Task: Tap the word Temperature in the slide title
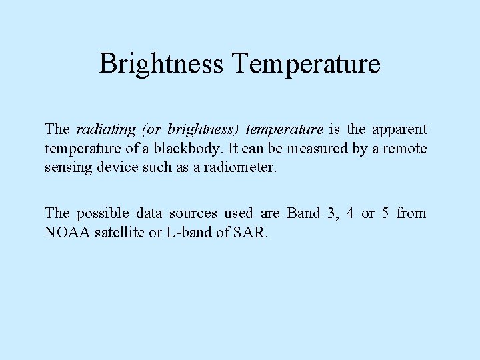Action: click(x=307, y=64)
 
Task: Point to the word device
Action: click(x=117, y=167)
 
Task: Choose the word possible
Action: click(x=103, y=213)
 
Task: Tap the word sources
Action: click(x=193, y=213)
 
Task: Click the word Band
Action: click(x=304, y=213)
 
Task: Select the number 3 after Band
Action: click(x=331, y=213)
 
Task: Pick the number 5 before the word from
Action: click(x=385, y=213)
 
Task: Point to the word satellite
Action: click(x=119, y=233)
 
